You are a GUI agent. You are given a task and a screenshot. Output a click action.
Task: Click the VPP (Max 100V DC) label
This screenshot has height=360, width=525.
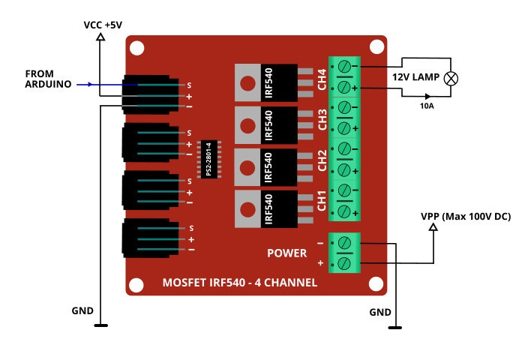pos(465,216)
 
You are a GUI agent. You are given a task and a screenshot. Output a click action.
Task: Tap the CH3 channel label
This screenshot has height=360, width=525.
pos(321,118)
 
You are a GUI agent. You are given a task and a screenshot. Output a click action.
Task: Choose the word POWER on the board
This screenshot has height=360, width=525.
pos(287,253)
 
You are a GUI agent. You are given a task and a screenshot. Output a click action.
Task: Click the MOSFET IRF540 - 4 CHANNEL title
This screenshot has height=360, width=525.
pos(240,283)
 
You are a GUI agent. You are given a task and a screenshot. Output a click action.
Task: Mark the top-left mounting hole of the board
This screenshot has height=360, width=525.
pos(136,49)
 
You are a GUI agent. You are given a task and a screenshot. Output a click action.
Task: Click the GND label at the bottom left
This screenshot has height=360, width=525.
pos(82,310)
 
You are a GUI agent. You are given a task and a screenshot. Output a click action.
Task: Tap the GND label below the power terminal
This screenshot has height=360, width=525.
pos(381,311)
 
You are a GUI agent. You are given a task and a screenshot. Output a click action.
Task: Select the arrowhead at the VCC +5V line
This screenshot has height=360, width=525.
pos(101,37)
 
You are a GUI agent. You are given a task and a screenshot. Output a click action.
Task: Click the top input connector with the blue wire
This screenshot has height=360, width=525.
pos(150,94)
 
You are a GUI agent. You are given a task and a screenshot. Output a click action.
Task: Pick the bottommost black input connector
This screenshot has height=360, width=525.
pos(150,238)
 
